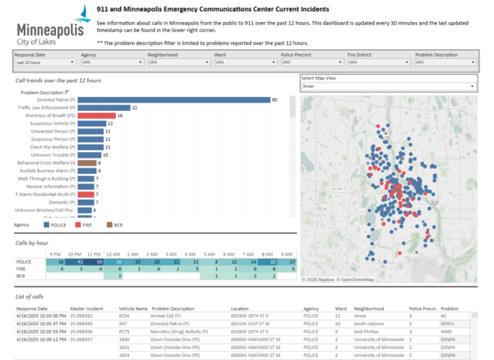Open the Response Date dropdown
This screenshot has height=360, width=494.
click(x=43, y=62)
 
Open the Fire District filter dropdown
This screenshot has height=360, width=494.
click(x=375, y=62)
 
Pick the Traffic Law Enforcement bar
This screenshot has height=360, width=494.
click(x=103, y=107)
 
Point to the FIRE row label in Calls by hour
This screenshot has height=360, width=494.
click(x=22, y=268)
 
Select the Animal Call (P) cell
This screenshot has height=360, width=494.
click(x=169, y=316)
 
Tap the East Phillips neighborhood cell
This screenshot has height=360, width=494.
click(x=370, y=331)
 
